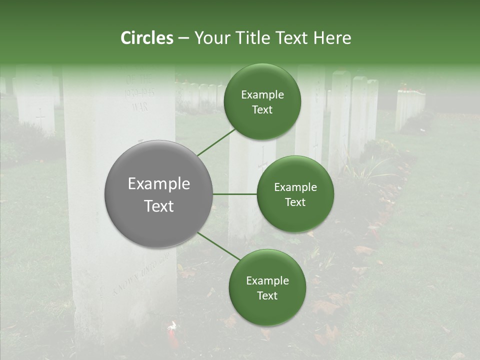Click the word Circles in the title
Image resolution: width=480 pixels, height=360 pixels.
click(147, 38)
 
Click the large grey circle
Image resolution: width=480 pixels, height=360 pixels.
click(159, 194)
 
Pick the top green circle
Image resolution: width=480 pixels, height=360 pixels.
click(262, 102)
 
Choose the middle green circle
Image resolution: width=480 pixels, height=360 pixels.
click(295, 194)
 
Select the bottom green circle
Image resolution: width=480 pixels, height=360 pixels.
click(267, 287)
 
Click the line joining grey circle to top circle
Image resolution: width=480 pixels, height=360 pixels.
click(216, 142)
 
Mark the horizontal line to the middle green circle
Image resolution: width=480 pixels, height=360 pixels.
click(235, 194)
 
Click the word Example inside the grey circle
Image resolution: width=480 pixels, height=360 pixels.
click(159, 183)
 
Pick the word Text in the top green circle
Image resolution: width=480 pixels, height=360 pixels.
click(262, 110)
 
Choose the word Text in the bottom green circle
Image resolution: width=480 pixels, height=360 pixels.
click(267, 295)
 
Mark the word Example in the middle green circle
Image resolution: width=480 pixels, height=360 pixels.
click(295, 187)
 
